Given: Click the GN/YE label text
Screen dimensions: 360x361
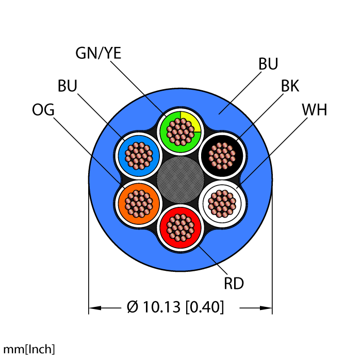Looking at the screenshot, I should [x=98, y=53].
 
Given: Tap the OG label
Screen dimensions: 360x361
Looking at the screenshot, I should [x=43, y=110].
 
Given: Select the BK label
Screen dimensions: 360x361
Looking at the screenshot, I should [x=290, y=86].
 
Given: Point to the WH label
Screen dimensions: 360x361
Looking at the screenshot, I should [x=314, y=110].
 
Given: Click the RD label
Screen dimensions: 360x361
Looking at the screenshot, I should [x=233, y=283].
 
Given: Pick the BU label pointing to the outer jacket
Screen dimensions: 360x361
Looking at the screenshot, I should [x=268, y=64].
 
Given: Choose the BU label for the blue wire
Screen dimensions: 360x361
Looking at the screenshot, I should [x=68, y=86].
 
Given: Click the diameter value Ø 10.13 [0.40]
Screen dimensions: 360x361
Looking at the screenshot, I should [x=175, y=307].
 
